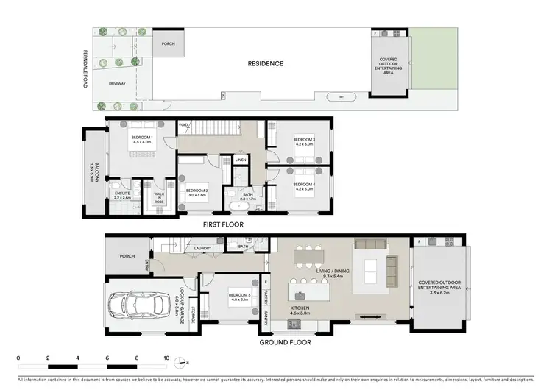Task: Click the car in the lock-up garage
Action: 141,305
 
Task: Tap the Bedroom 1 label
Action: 141,140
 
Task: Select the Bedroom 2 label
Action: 197,191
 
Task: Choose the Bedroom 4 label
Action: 304,186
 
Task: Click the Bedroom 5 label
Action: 240,297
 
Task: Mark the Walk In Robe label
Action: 159,196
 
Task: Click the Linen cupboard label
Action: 241,159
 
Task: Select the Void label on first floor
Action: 183,126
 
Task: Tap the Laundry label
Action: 203,249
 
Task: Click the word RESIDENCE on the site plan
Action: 264,63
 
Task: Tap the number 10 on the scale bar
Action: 167,358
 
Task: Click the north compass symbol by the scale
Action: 186,362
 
